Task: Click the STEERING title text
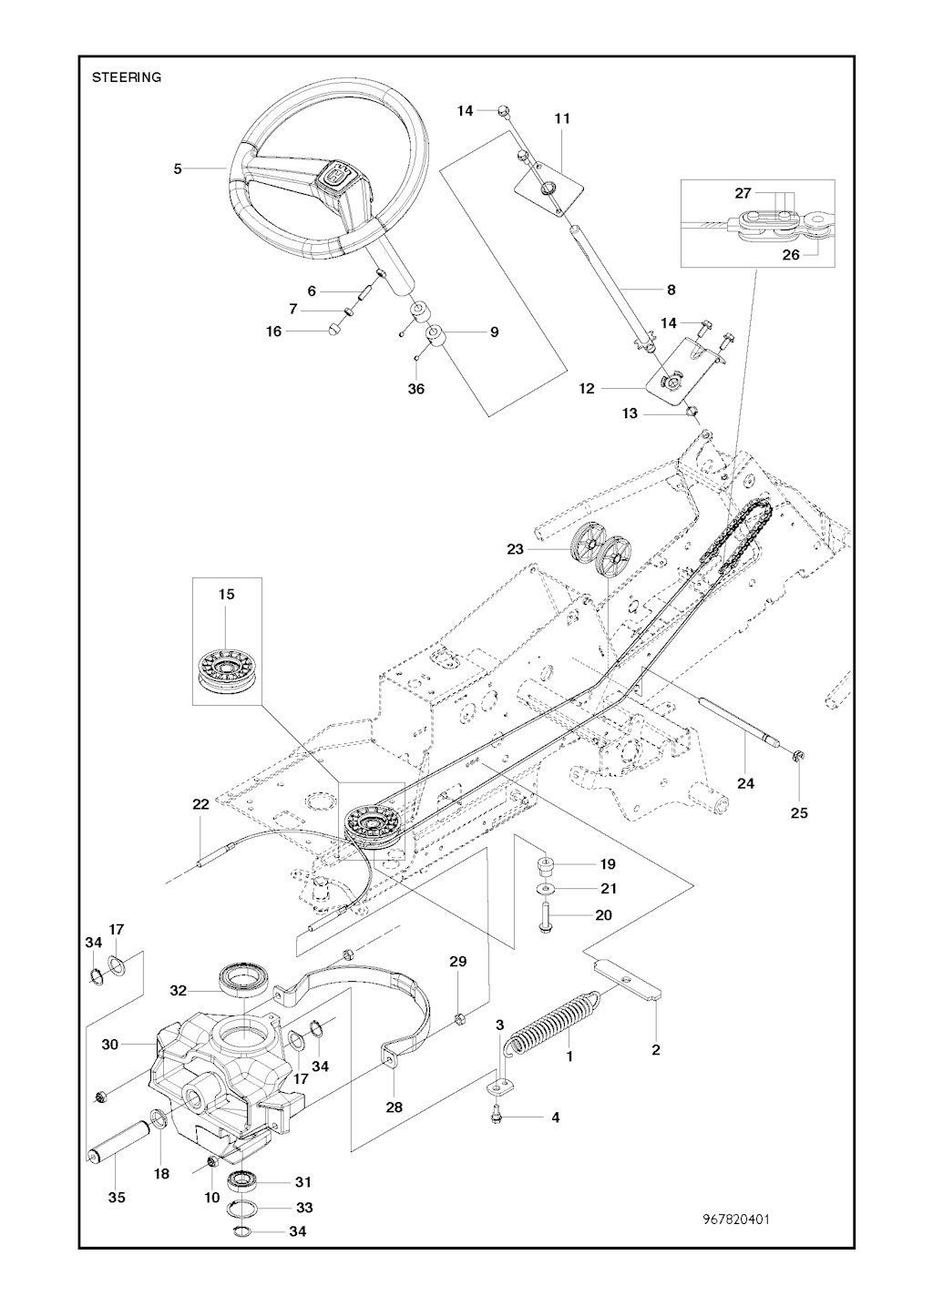tap(127, 77)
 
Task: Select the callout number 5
tap(179, 168)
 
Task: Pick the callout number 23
tap(516, 549)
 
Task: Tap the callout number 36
tap(415, 389)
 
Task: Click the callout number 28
tap(394, 1107)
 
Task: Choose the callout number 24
tap(745, 783)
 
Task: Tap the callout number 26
tap(791, 255)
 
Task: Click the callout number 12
tap(586, 389)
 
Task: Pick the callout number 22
tap(200, 804)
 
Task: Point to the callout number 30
tap(110, 1045)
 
